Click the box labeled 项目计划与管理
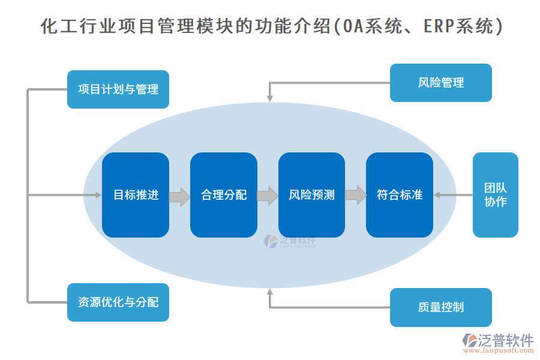point(118,89)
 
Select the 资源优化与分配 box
point(118,302)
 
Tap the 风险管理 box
point(440,83)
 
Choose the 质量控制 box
point(440,307)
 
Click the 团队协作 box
point(495,195)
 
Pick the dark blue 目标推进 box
point(136,195)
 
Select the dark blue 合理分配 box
point(223,195)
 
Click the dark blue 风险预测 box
point(311,195)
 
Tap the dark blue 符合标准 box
point(400,195)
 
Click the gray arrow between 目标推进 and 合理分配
point(179,196)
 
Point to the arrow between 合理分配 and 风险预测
point(268,196)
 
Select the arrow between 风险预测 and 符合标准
point(356,196)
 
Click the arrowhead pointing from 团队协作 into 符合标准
point(437,195)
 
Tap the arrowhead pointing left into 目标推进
point(98,195)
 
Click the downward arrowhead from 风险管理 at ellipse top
point(269,97)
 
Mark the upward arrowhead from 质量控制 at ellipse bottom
point(269,292)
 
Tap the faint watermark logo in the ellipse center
point(289,242)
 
